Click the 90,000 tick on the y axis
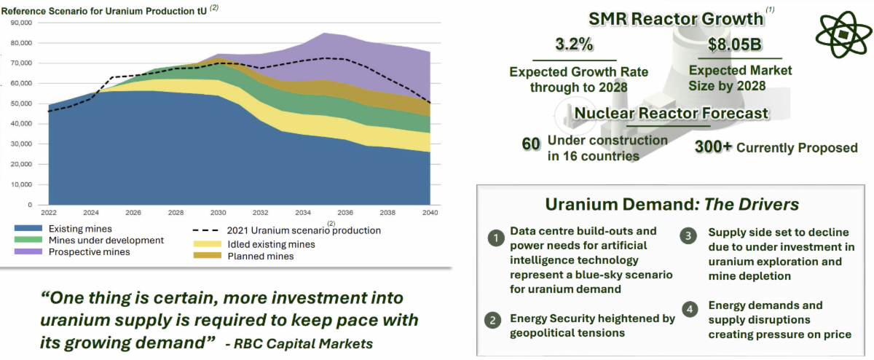(24, 23)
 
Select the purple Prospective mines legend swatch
(28, 252)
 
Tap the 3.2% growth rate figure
(574, 44)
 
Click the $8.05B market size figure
(736, 44)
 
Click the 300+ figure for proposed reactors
(714, 147)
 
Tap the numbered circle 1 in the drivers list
(496, 238)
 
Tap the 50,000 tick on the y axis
(24, 103)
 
